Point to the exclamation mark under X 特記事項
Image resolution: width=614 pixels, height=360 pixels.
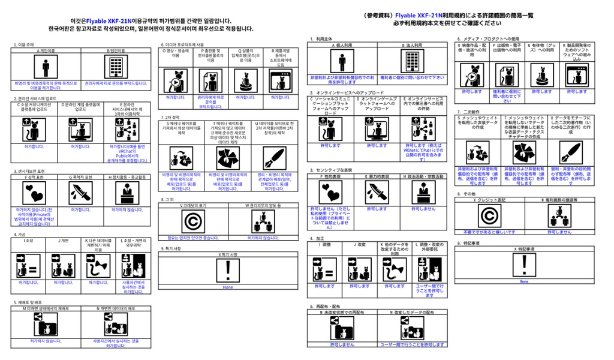[x=523, y=264]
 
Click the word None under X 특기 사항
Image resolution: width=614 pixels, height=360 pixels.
[x=228, y=287]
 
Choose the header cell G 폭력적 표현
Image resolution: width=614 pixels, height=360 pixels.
[x=80, y=178]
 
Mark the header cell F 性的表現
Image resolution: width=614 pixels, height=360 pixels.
[x=331, y=177]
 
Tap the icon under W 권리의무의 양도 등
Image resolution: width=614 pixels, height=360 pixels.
[x=262, y=222]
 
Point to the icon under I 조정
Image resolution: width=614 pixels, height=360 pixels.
[x=28, y=265]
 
